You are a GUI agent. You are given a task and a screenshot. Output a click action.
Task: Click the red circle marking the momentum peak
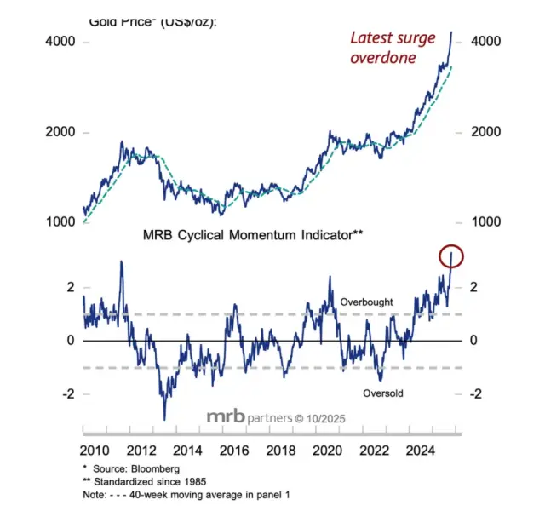(451, 255)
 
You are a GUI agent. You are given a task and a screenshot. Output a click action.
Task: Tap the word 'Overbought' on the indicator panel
(367, 302)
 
